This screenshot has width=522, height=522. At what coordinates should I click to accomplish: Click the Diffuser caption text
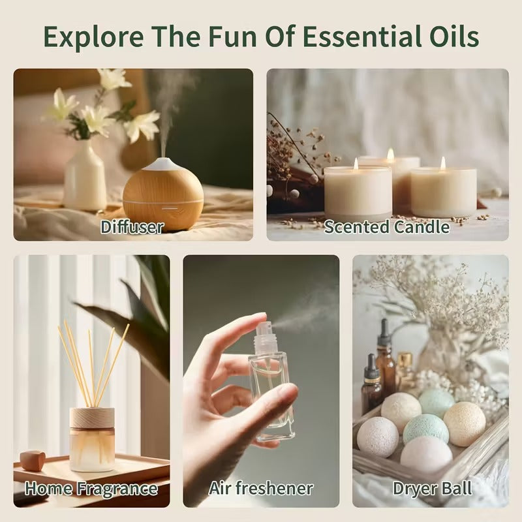pyautogui.click(x=132, y=227)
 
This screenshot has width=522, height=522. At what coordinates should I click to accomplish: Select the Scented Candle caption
pyautogui.click(x=387, y=227)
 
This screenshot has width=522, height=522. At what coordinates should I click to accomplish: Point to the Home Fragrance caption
pyautogui.click(x=91, y=488)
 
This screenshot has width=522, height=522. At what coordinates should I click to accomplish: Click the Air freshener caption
pyautogui.click(x=261, y=488)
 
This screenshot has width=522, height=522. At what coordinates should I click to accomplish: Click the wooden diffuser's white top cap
pyautogui.click(x=163, y=164)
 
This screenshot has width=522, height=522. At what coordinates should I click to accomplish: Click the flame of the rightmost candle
pyautogui.click(x=442, y=162)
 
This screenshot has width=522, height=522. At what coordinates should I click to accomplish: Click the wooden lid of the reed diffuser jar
pyautogui.click(x=92, y=418)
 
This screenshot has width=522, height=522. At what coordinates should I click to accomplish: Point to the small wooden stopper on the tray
pyautogui.click(x=33, y=460)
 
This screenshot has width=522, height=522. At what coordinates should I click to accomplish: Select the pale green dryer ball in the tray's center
pyautogui.click(x=425, y=428)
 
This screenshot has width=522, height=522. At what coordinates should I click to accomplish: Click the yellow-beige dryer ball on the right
pyautogui.click(x=465, y=423)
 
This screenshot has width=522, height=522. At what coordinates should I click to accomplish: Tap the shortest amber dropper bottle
pyautogui.click(x=372, y=384)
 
